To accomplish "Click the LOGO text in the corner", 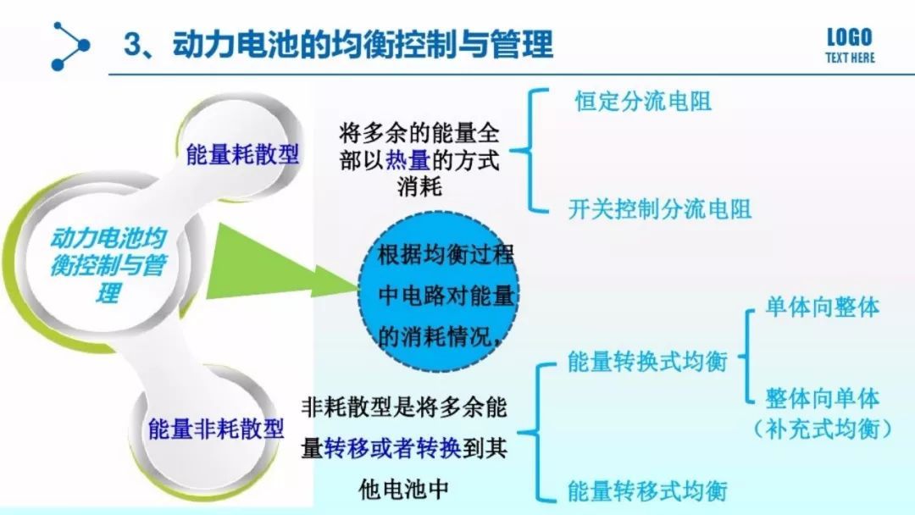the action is click(x=850, y=37).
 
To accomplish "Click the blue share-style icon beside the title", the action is click(x=70, y=46).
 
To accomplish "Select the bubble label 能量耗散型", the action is click(x=242, y=154).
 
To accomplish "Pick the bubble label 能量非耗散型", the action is click(x=216, y=429).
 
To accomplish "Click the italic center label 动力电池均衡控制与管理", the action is click(x=108, y=265).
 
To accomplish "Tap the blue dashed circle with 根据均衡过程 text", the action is click(x=438, y=293).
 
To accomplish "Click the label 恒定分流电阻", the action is click(x=643, y=101).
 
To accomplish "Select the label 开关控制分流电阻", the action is click(x=660, y=209).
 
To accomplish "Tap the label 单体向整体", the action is click(x=822, y=307).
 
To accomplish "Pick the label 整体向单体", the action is click(x=822, y=398).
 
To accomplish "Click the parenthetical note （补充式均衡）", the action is click(x=822, y=429).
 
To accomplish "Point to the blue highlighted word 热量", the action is click(x=408, y=160).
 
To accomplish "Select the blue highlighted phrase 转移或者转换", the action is click(x=392, y=448).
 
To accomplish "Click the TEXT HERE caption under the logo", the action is click(x=851, y=58).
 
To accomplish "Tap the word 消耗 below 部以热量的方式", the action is click(x=419, y=186).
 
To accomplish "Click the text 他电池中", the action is click(x=404, y=489).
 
